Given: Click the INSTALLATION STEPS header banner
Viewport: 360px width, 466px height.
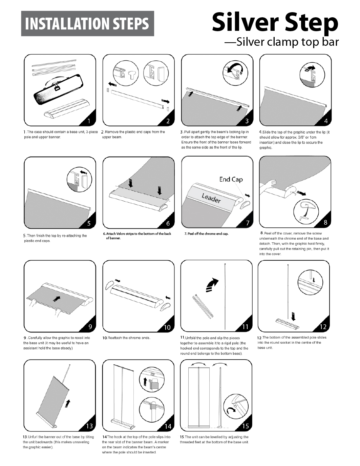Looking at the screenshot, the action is (87, 23).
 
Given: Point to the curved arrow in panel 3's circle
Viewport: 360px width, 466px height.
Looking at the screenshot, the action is (235, 68).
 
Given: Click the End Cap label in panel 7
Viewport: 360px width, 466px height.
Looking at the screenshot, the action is (231, 179).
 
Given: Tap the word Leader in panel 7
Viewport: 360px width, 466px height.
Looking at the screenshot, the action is (211, 198).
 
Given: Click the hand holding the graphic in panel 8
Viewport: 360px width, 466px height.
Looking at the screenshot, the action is (268, 186).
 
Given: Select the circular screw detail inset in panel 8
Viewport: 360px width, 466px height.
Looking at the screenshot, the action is (306, 211).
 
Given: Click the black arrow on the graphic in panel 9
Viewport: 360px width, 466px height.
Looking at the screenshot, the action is (57, 299).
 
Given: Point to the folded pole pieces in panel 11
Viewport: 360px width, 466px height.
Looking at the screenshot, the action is (203, 306).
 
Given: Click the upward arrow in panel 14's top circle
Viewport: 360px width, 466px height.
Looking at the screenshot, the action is (145, 382).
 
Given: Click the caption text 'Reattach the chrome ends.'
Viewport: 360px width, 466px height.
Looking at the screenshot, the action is (126, 338).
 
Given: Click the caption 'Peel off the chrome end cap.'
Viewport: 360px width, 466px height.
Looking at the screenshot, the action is (206, 234).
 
